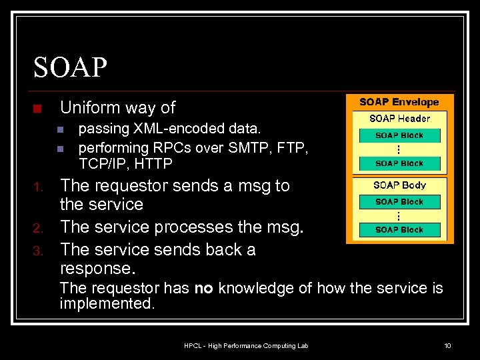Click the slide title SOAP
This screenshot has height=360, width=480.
(70, 67)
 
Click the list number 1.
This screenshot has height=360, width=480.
(39, 187)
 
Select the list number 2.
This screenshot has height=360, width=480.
(39, 228)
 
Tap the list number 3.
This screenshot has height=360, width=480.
(39, 251)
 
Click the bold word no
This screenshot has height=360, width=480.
(204, 289)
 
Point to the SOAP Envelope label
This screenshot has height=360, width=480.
(399, 102)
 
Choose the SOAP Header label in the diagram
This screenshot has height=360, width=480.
(399, 119)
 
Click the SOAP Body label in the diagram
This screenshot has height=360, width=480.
(399, 185)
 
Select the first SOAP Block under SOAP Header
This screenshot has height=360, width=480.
(399, 135)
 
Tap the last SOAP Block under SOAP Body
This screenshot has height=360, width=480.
(399, 230)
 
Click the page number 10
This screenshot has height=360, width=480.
(447, 345)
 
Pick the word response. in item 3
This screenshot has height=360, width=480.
(97, 268)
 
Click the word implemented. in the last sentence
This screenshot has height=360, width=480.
(107, 304)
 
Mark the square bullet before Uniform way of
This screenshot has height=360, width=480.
(37, 109)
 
